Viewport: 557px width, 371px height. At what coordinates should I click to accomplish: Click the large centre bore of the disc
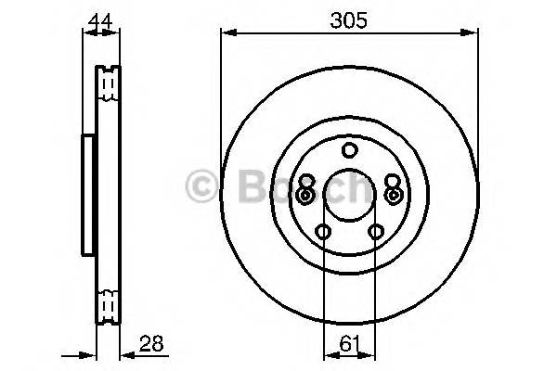349,196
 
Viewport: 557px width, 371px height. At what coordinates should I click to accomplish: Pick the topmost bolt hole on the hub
349,150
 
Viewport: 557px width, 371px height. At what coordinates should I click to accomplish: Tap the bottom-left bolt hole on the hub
323,232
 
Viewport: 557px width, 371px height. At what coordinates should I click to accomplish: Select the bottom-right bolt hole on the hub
376,232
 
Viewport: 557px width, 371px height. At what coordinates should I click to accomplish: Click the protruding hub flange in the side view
88,195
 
